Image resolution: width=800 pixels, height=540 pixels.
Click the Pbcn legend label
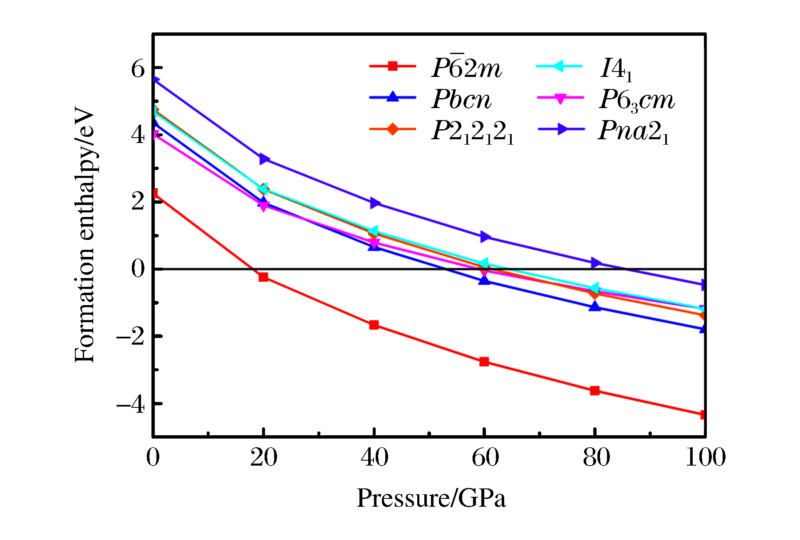[461, 99]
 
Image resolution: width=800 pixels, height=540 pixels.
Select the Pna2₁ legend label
[634, 131]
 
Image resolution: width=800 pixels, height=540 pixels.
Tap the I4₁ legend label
[616, 69]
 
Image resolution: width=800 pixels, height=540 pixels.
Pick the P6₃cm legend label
[637, 100]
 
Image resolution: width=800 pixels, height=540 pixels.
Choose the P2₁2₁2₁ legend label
[473, 132]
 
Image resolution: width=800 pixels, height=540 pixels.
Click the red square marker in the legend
[392, 66]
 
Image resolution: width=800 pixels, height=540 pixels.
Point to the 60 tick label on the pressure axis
[485, 457]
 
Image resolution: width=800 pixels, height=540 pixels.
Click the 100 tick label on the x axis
[705, 457]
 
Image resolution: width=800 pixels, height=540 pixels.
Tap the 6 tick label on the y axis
[138, 69]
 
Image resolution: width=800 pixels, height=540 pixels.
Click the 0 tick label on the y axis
[138, 269]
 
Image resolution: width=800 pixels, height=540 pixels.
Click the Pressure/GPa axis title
[431, 498]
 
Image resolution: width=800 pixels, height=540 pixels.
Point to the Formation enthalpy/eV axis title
[84, 235]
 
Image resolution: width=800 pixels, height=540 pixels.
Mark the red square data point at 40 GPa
[374, 325]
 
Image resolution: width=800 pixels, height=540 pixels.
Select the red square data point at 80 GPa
[595, 390]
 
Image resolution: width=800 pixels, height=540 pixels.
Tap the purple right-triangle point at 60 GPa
[485, 237]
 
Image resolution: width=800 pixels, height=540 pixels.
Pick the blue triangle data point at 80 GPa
[595, 306]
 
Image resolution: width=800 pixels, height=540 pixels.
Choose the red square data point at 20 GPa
[263, 277]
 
